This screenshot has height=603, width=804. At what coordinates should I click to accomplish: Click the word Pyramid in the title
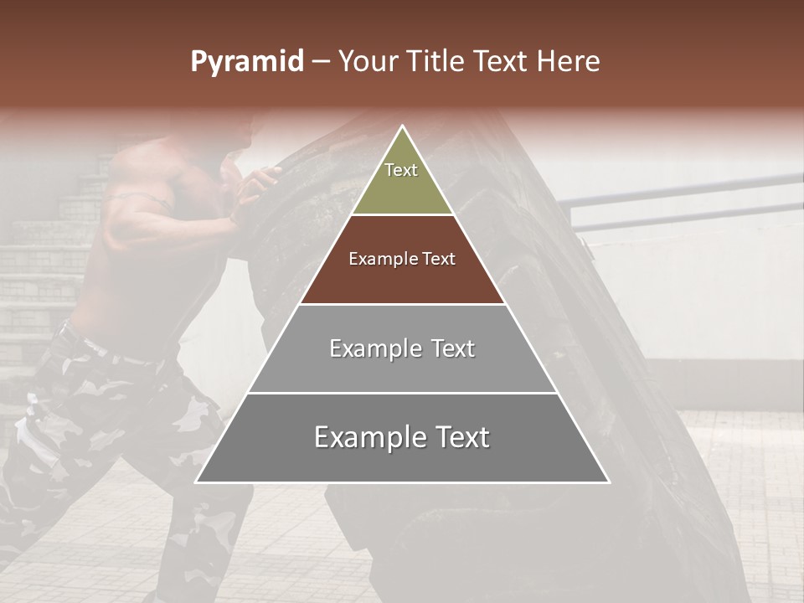tap(246, 62)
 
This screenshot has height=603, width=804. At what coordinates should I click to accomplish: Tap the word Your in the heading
tap(367, 62)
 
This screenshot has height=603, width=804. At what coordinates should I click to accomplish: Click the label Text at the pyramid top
tap(401, 170)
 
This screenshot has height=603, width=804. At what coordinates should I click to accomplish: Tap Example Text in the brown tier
tap(402, 259)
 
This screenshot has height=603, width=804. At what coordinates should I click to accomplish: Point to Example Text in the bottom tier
tap(402, 437)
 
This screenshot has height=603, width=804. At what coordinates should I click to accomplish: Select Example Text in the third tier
tap(402, 348)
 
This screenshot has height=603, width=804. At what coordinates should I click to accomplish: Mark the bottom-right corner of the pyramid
tap(608, 482)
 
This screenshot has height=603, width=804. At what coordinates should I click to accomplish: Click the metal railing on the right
tap(687, 191)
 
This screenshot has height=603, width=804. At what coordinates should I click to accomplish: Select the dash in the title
tap(321, 62)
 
